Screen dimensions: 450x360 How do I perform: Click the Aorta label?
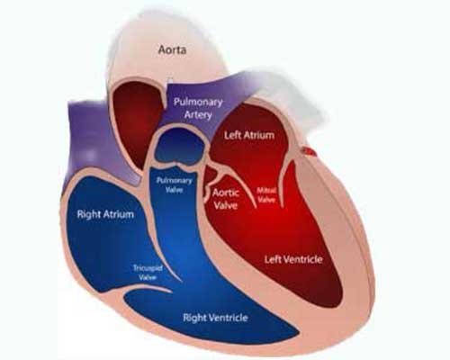(x=172, y=49)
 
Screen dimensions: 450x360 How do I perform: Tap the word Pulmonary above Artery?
(x=198, y=103)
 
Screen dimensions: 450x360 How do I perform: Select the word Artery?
(x=198, y=114)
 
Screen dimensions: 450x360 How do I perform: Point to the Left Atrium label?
(x=249, y=135)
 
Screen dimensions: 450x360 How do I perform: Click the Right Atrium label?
(x=105, y=214)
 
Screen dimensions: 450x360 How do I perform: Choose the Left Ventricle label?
(x=293, y=259)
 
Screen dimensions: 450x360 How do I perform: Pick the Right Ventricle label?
(x=215, y=318)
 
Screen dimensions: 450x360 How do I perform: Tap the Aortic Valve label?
(x=226, y=199)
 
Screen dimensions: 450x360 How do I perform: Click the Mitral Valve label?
(x=266, y=195)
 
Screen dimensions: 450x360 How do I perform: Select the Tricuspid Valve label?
(x=148, y=273)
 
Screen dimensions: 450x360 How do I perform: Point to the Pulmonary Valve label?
(x=175, y=185)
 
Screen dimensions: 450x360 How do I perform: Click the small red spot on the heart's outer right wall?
(x=310, y=151)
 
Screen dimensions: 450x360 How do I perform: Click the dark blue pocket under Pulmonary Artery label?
(x=179, y=146)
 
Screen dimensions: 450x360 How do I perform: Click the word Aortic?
(x=226, y=193)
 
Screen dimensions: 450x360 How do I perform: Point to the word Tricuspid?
(x=148, y=268)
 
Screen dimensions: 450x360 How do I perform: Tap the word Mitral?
(x=266, y=191)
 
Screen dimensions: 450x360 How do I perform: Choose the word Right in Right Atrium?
(x=88, y=215)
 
